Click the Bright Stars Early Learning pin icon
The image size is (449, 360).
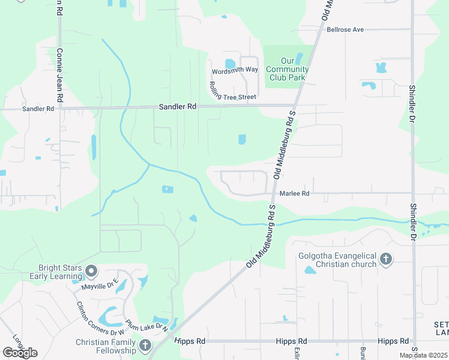(x=91, y=272)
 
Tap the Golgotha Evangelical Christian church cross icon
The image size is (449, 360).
(x=385, y=260)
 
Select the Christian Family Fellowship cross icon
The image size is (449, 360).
(x=145, y=346)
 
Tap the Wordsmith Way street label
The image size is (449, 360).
(x=234, y=70)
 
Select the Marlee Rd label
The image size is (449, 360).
(x=294, y=194)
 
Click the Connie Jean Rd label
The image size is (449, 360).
(x=59, y=75)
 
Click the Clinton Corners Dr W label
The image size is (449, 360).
(x=99, y=318)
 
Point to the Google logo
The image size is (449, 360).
(x=19, y=353)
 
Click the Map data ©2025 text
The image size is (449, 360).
(x=423, y=355)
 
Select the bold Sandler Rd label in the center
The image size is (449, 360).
(x=178, y=106)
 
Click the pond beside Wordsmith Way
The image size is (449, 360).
(x=230, y=64)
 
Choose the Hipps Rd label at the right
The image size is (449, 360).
(x=394, y=341)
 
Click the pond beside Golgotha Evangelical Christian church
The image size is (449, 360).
(x=310, y=270)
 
